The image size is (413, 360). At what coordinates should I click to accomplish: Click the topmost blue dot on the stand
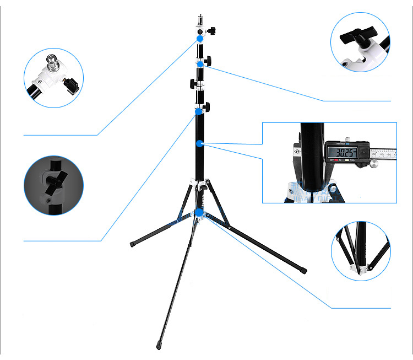(200, 39)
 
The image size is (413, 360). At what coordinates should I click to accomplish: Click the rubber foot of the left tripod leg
(133, 243)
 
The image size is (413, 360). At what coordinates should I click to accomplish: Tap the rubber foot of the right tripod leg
(305, 270)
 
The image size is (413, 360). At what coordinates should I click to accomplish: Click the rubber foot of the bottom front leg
(159, 337)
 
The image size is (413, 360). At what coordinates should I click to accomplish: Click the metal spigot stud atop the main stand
(200, 24)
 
